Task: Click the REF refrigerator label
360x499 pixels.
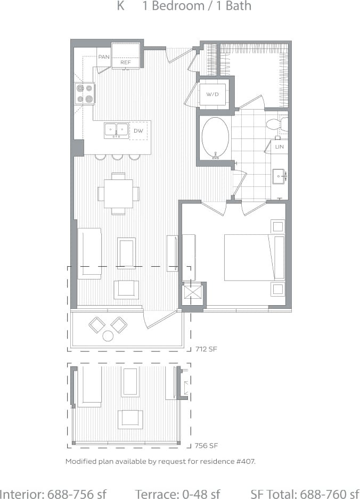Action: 126,62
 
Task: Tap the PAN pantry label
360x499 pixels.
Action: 103,56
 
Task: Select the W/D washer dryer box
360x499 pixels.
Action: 212,94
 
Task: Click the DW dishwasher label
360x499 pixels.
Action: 138,130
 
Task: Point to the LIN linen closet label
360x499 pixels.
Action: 280,146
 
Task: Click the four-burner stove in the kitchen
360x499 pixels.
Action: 85,94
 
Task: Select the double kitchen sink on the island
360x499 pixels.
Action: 116,130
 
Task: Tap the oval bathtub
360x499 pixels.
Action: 215,137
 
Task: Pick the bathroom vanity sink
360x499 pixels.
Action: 279,176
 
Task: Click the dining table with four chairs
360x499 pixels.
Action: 118,193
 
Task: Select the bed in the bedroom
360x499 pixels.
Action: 253,257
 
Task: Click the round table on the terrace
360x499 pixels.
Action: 108,336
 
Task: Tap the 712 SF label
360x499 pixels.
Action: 207,349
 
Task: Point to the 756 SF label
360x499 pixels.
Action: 207,445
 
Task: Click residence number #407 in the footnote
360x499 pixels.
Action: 246,461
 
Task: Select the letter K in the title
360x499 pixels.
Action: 121,7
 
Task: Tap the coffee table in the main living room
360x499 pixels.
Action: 126,253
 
